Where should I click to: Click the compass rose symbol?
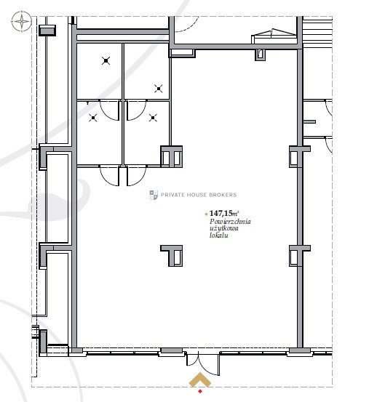22,22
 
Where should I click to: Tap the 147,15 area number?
221,213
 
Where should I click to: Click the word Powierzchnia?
230,222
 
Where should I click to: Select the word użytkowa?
224,229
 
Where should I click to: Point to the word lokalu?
218,236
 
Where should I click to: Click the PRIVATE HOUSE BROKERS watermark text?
199,195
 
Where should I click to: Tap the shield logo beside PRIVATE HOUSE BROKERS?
154,195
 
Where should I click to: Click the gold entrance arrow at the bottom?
200,378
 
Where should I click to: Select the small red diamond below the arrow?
200,391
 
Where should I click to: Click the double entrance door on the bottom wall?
203,363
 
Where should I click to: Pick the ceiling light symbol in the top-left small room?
106,61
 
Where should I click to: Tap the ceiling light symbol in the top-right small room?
159,89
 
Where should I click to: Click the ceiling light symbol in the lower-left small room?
93,118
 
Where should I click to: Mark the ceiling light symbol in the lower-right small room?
153,118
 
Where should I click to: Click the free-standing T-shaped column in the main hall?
172,256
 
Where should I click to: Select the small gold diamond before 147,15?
206,214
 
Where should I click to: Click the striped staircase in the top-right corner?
318,32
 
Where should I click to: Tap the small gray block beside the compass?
47,31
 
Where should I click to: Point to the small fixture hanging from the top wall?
260,55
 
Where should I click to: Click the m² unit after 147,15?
236,213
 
